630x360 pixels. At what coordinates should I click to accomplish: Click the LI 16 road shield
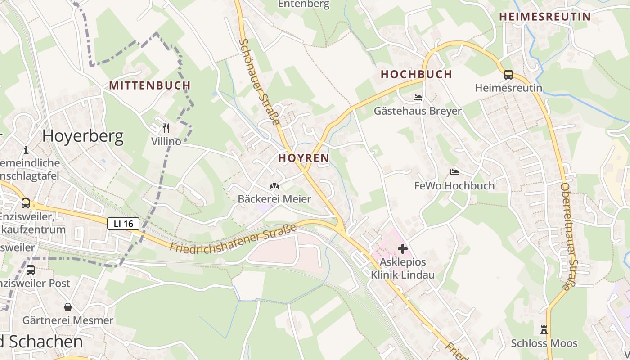123,224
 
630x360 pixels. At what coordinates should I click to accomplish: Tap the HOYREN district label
304,158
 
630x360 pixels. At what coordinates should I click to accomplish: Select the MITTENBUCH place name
150,85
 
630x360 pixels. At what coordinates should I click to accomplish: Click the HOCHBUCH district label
416,75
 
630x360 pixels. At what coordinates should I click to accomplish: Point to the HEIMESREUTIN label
544,17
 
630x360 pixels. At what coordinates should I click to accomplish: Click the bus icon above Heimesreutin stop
508,75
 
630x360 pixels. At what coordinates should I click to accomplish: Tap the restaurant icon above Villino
166,128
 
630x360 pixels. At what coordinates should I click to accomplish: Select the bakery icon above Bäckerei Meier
274,185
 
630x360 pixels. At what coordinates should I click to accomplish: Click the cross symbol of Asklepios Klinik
403,248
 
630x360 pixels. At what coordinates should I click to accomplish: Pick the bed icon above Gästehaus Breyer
418,98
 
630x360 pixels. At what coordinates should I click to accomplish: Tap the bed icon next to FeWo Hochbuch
454,172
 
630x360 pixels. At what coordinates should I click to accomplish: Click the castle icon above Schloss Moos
544,330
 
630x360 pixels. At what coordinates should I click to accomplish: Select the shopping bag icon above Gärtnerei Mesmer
68,307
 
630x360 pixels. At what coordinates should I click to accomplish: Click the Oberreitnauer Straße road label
568,236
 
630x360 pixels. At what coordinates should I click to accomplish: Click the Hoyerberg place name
83,136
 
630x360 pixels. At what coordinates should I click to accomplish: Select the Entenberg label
304,4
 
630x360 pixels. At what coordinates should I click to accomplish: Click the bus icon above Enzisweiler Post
31,270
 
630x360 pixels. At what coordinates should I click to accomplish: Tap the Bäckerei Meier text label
274,199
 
